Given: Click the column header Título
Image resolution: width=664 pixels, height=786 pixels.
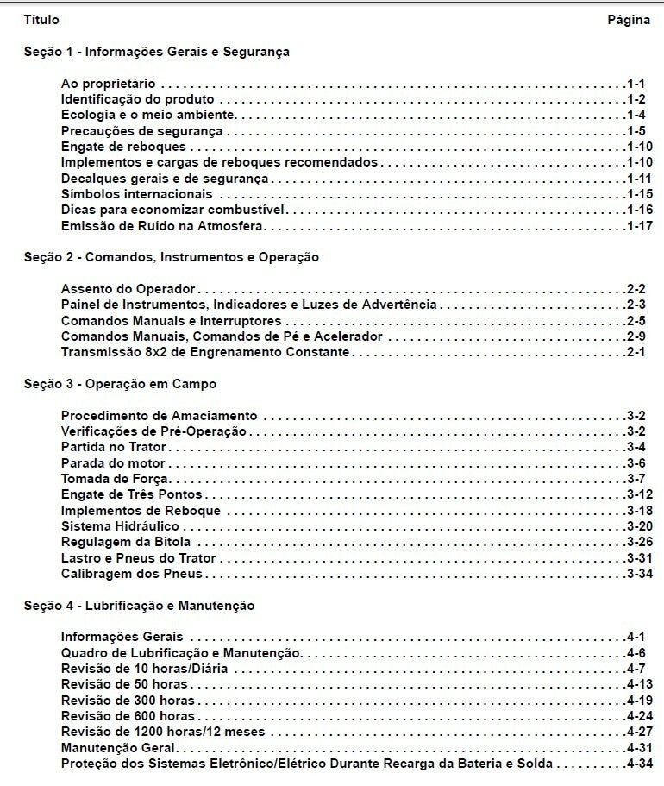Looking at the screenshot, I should [41, 20].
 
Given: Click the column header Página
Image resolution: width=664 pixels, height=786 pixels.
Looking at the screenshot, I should [629, 20].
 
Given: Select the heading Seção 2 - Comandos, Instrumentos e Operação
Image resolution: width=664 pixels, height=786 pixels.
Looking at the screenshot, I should [172, 257].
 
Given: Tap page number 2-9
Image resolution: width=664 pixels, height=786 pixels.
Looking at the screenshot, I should [636, 336].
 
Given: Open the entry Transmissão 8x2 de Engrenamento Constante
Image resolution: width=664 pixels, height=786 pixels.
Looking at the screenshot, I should [205, 352].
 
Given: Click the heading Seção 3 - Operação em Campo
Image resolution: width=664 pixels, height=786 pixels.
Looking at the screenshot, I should [120, 384].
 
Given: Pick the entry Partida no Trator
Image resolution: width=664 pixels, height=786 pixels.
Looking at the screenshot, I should [113, 447].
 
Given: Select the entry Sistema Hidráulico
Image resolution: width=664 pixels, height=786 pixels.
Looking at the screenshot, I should [120, 526].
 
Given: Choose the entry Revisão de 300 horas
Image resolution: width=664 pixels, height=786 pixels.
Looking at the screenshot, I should [128, 701].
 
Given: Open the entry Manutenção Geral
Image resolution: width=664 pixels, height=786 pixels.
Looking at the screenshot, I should [118, 748].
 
